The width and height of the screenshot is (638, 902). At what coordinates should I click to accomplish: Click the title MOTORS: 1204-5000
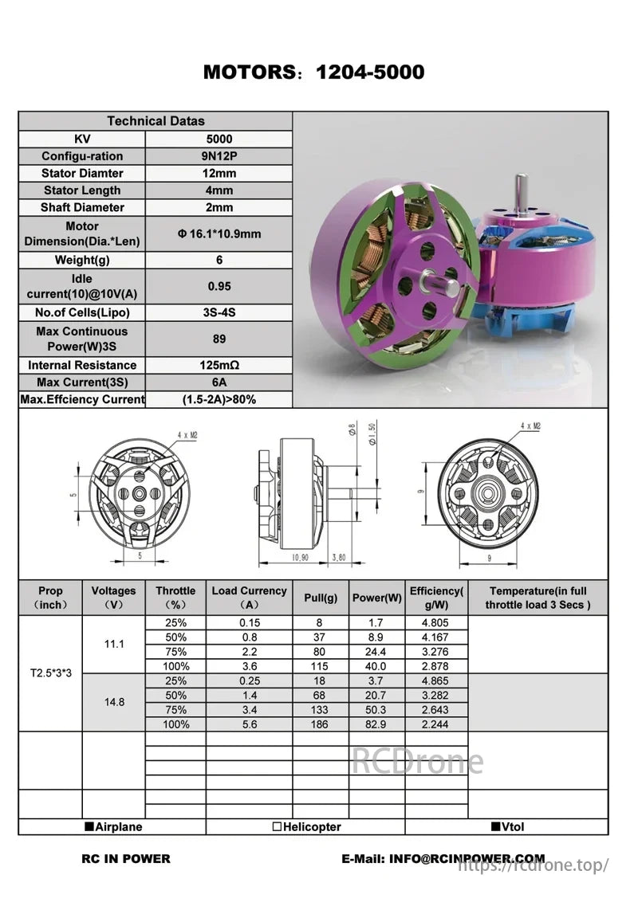[313, 72]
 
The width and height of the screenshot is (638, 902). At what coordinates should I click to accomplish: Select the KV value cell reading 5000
[219, 139]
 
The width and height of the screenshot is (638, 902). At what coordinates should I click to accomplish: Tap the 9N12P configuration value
[219, 156]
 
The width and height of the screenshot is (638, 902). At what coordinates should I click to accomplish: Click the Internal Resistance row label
[82, 365]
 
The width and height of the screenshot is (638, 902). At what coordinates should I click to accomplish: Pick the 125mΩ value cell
[219, 365]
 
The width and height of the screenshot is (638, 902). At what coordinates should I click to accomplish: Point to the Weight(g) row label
[82, 260]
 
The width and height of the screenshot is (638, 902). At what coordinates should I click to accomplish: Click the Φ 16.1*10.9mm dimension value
[219, 233]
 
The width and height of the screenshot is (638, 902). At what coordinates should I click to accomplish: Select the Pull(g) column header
[321, 598]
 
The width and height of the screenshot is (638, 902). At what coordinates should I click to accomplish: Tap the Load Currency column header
[249, 598]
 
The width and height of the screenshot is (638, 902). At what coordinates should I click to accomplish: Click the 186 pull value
[321, 724]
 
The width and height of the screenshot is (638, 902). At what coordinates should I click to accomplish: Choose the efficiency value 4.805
[435, 622]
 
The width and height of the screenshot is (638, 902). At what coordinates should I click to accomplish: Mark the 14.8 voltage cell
[114, 702]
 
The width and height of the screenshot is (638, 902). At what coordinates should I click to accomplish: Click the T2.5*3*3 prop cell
[50, 673]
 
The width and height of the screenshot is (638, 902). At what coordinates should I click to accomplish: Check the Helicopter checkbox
[277, 827]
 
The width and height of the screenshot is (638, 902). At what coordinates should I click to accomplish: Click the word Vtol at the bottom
[514, 827]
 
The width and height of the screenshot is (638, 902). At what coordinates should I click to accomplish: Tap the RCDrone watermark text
[417, 762]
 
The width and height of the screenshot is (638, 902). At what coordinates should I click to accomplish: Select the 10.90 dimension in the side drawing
[300, 558]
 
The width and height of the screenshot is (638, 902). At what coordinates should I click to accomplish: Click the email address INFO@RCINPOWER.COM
[467, 859]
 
